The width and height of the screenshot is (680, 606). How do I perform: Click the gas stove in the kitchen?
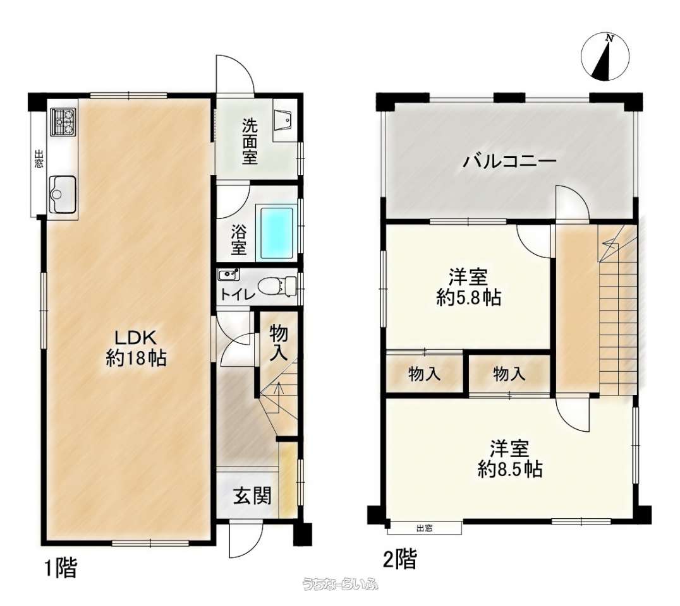[63, 122]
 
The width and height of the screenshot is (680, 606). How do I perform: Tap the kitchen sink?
[63, 194]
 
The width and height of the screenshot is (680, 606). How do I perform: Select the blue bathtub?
[277, 234]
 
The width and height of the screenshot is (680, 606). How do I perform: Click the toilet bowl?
[276, 285]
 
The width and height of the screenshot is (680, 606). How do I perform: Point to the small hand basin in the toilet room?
[229, 275]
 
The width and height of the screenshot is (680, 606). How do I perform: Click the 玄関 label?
[252, 496]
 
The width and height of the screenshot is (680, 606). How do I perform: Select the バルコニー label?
[509, 162]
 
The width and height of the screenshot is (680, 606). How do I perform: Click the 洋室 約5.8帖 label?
[468, 287]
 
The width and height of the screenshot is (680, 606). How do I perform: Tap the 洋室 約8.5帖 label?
[510, 458]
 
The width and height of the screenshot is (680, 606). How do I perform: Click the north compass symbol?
[605, 57]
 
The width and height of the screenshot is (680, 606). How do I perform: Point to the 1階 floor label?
[61, 568]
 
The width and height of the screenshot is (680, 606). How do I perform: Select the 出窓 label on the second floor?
[425, 528]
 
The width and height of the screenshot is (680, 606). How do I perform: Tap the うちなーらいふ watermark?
[341, 585]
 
